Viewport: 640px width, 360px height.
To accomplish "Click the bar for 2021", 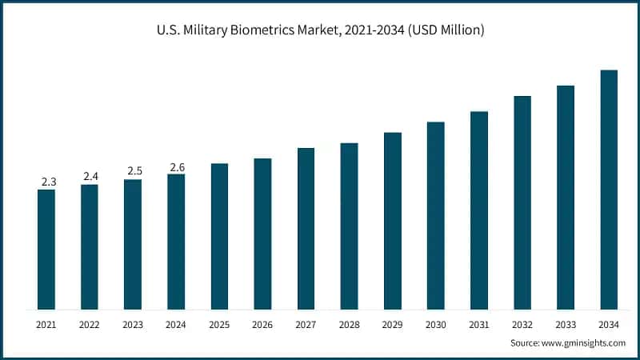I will [46, 250].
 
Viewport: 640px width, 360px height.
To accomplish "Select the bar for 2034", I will [609, 190].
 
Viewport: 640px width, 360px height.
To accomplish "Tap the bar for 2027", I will [306, 229].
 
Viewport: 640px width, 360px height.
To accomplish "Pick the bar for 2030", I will [435, 216].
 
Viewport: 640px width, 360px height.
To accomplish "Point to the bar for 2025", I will [219, 237].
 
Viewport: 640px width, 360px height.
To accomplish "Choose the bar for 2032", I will [522, 202].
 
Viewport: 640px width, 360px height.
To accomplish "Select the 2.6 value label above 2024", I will [176, 167].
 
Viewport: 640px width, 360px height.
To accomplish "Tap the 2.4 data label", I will [90, 177].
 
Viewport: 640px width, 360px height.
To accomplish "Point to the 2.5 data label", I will [133, 171].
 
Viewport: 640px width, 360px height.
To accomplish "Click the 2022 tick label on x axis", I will [90, 324].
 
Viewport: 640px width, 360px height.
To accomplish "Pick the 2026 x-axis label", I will [262, 324].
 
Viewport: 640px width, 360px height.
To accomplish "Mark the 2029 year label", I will [392, 324].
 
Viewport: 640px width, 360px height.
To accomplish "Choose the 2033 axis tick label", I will [566, 324].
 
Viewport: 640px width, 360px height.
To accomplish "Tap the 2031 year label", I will [479, 324].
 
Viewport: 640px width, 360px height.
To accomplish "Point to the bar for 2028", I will [349, 226].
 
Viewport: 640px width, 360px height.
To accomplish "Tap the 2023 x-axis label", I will [133, 324].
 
